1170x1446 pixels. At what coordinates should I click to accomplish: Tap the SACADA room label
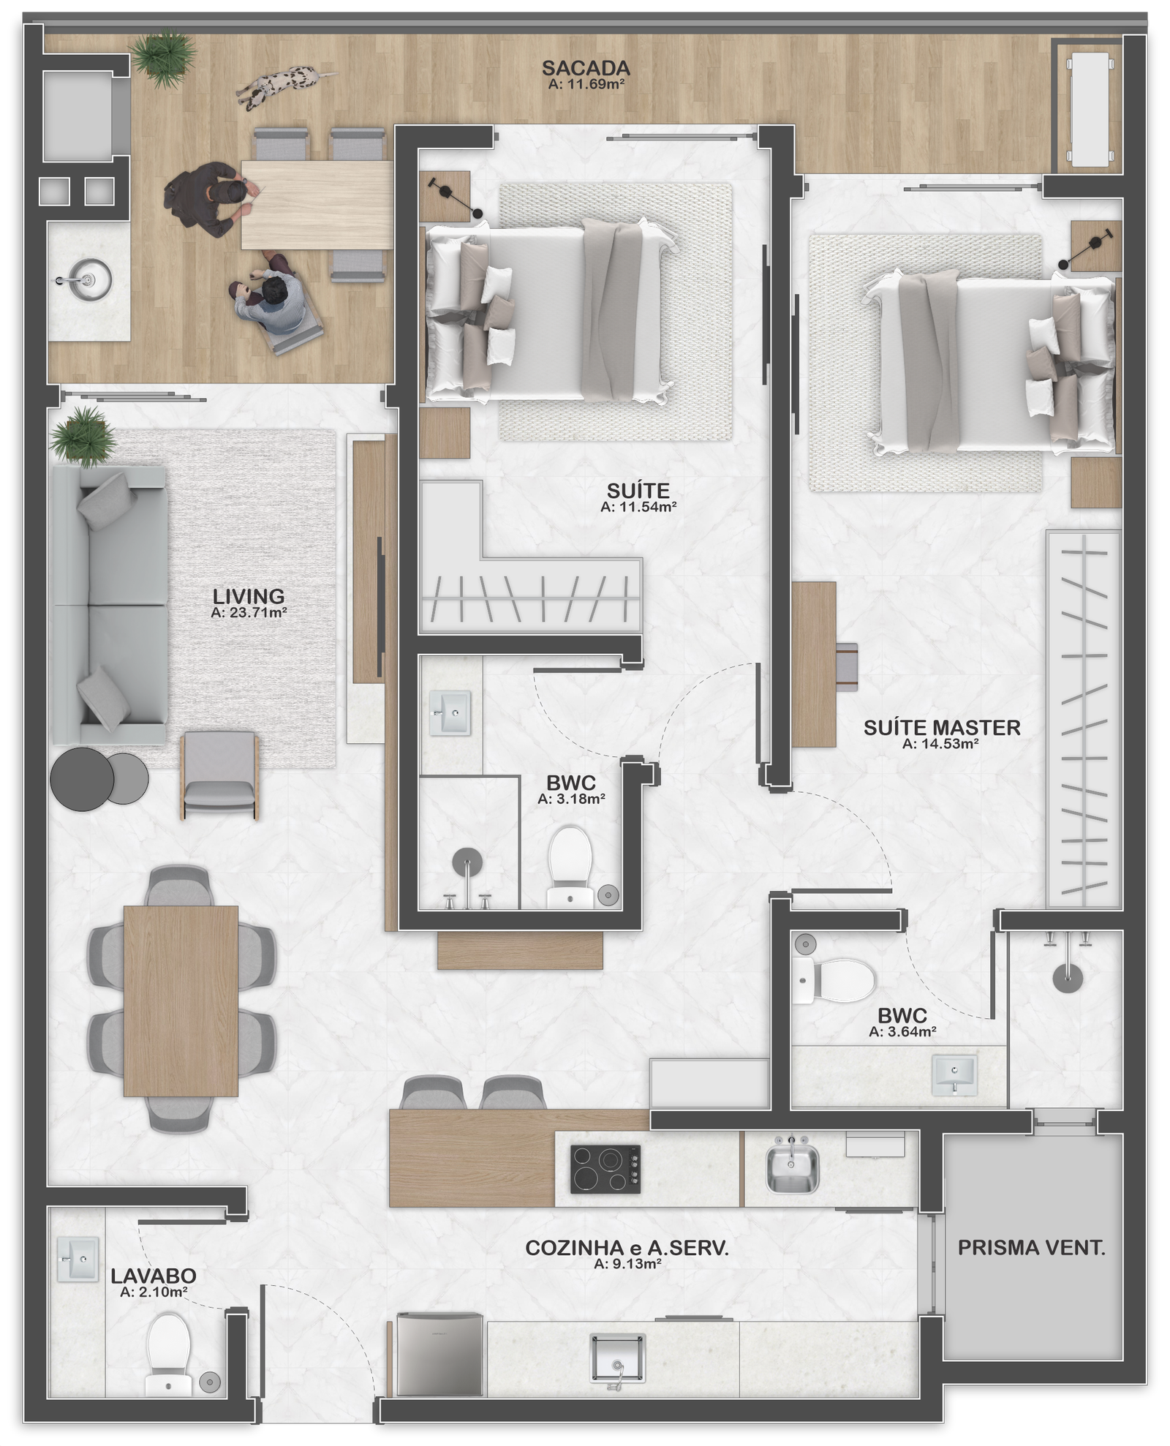coord(585,68)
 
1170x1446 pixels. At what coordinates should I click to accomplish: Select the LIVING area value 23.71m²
coord(248,613)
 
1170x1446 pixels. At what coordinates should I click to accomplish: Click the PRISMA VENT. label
coord(1031,1248)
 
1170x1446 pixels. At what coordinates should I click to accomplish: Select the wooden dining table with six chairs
coord(181,1001)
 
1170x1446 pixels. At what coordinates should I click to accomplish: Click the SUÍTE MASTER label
coord(941,728)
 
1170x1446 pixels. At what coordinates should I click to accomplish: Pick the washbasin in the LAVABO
coord(77,1259)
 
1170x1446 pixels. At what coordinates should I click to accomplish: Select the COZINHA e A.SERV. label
coord(627,1248)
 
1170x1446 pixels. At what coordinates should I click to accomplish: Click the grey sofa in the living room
coord(108,606)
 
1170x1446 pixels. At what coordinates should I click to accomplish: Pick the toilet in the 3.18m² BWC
coord(571,865)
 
